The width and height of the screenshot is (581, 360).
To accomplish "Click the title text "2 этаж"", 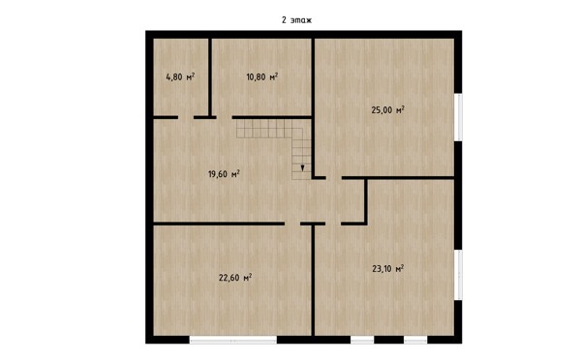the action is coord(296,20).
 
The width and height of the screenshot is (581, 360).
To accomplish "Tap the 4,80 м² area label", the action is coord(180,76).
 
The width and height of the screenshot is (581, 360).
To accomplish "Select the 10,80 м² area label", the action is coord(262,76).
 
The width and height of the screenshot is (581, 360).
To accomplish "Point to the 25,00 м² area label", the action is coord(387,110).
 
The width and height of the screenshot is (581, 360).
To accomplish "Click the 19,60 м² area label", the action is coord(224,173).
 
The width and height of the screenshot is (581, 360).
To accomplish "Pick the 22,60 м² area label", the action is coord(235,278).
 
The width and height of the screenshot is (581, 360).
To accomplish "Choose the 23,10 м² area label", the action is coord(387,268).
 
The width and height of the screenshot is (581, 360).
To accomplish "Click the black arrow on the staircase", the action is coord(302,167).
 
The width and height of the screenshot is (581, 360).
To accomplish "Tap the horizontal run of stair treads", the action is coord(264,128).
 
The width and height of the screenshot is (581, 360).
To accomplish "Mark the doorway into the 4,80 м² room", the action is coord(186,117).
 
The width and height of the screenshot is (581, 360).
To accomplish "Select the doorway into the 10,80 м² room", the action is coord(225,117).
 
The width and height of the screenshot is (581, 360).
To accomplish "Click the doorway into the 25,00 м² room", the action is coord(334,178).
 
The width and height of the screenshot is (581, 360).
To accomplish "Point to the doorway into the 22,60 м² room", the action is coord(292,224).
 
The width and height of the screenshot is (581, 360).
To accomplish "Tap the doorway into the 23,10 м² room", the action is coord(333,224).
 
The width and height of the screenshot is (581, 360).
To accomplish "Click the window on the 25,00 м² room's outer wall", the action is coord(458,117).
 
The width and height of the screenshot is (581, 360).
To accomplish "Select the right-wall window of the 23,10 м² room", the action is coord(458,275).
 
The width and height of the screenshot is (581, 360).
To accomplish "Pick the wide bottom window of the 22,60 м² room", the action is coord(233,340).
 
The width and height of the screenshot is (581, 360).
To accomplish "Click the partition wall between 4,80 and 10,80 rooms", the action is coord(210,77).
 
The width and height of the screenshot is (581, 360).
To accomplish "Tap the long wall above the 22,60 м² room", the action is coord(219,224).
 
